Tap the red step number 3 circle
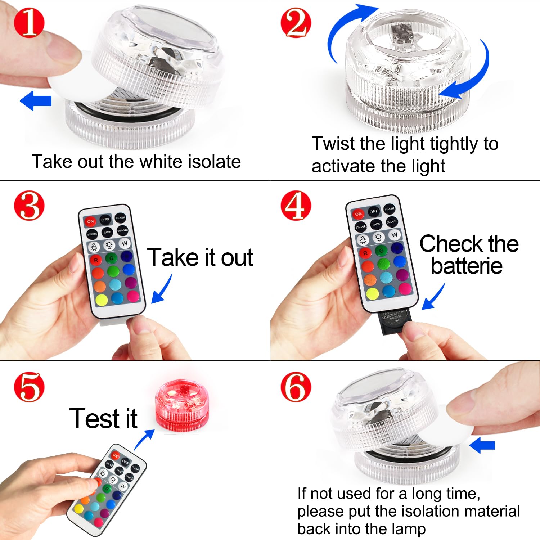[x=29, y=205]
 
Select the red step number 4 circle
[x=296, y=205]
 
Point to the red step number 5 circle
[x=29, y=387]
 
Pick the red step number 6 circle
[x=296, y=387]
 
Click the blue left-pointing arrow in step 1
[x=36, y=100]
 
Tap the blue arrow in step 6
[x=482, y=445]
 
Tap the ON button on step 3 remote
[x=90, y=221]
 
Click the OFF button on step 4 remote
[x=374, y=211]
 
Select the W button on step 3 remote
[x=125, y=243]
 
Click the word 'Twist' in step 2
[x=333, y=144]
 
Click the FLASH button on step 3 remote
[x=120, y=217]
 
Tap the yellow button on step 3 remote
[x=102, y=300]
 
